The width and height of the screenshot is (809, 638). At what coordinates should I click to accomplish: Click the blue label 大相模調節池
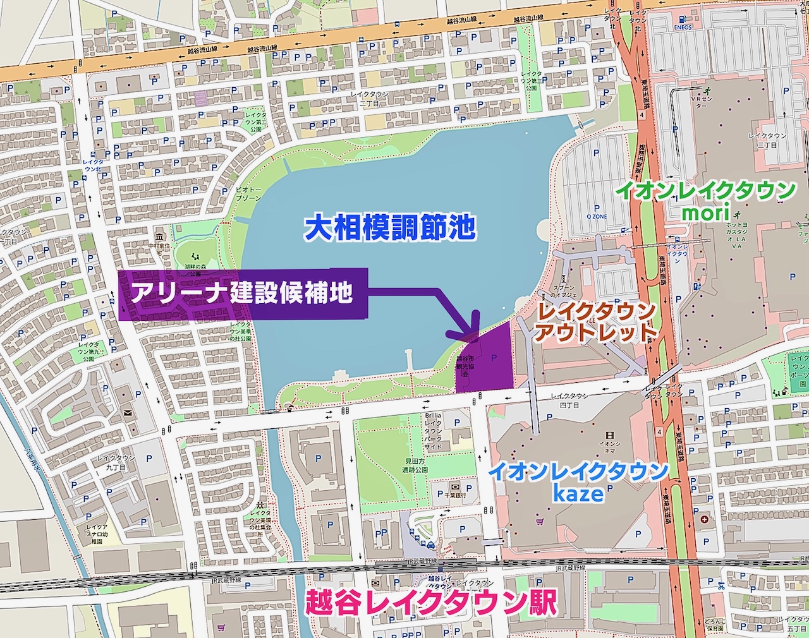pyautogui.click(x=389, y=227)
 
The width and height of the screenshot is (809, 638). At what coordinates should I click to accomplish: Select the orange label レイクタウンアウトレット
pyautogui.click(x=593, y=322)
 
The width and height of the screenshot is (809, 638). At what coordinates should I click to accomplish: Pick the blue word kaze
pyautogui.click(x=578, y=493)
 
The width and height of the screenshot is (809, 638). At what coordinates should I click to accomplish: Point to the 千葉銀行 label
pyautogui.click(x=454, y=495)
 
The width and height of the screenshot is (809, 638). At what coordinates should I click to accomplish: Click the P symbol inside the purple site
pyautogui.click(x=493, y=358)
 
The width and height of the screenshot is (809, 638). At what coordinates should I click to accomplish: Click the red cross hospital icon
pyautogui.click(x=705, y=519)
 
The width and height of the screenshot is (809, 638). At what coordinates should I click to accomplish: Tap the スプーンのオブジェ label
pyautogui.click(x=564, y=290)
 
